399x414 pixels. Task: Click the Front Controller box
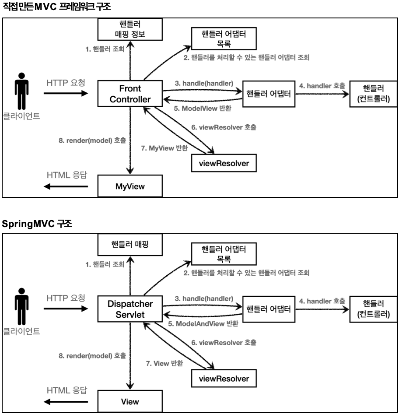(130, 94)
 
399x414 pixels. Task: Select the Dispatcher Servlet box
(130, 309)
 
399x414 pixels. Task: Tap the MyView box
(130, 186)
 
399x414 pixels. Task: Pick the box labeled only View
(130, 401)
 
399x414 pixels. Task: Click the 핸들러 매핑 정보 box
(130, 28)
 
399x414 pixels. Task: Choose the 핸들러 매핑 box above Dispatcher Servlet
(130, 244)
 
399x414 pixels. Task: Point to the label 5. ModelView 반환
(203, 108)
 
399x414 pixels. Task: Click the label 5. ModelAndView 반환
(203, 324)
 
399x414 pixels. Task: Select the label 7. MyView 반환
(164, 148)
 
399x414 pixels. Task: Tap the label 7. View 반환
(164, 363)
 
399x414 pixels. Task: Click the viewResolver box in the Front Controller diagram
(224, 163)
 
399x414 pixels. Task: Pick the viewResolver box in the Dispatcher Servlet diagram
(224, 378)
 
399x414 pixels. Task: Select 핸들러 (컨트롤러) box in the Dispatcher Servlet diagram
(373, 309)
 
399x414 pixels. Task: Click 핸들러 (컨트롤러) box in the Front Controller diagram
(373, 94)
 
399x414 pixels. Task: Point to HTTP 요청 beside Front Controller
(66, 83)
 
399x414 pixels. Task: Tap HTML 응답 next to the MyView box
(67, 175)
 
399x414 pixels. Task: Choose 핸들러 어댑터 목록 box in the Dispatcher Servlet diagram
(224, 254)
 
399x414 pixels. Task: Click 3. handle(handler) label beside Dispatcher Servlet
(204, 298)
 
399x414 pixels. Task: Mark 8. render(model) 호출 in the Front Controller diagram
(92, 141)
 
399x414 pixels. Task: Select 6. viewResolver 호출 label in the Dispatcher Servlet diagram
(224, 343)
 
